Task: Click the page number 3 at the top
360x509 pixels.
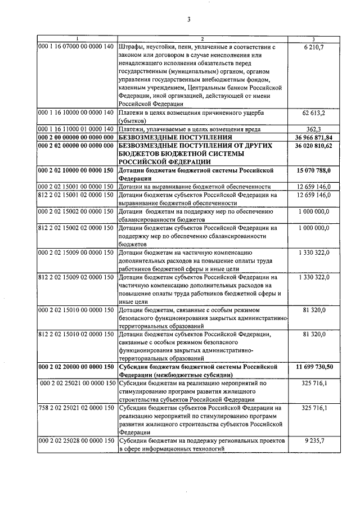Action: coord(189,21)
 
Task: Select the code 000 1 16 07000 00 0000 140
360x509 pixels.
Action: coord(76,47)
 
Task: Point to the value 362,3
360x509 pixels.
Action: coord(313,129)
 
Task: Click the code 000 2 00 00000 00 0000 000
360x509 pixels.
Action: coord(76,137)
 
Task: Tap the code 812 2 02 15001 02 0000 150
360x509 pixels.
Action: coord(76,195)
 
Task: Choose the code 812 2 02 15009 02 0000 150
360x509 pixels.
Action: coord(76,277)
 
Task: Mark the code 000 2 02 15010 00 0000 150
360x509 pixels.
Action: coord(76,309)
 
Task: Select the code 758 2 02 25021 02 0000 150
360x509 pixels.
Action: coord(76,407)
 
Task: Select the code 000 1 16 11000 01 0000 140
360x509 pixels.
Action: coord(76,129)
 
